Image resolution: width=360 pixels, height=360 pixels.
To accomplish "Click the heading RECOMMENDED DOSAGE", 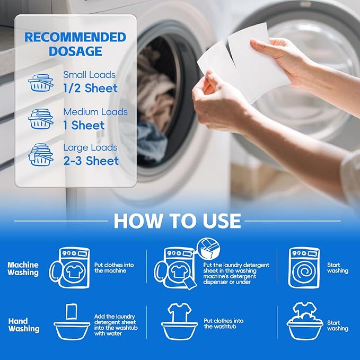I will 75,45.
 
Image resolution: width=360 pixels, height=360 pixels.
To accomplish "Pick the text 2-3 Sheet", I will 91,160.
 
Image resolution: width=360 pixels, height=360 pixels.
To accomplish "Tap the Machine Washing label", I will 23,268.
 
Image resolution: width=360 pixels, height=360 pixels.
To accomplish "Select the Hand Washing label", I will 24,325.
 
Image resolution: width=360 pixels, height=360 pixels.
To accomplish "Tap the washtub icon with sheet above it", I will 72,324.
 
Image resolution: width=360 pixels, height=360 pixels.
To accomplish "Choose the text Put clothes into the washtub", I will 223,324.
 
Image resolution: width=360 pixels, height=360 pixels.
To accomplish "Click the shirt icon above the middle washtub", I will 179,312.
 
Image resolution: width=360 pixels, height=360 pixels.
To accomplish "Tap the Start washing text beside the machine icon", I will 338,268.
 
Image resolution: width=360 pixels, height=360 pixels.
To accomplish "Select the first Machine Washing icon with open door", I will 69,268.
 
